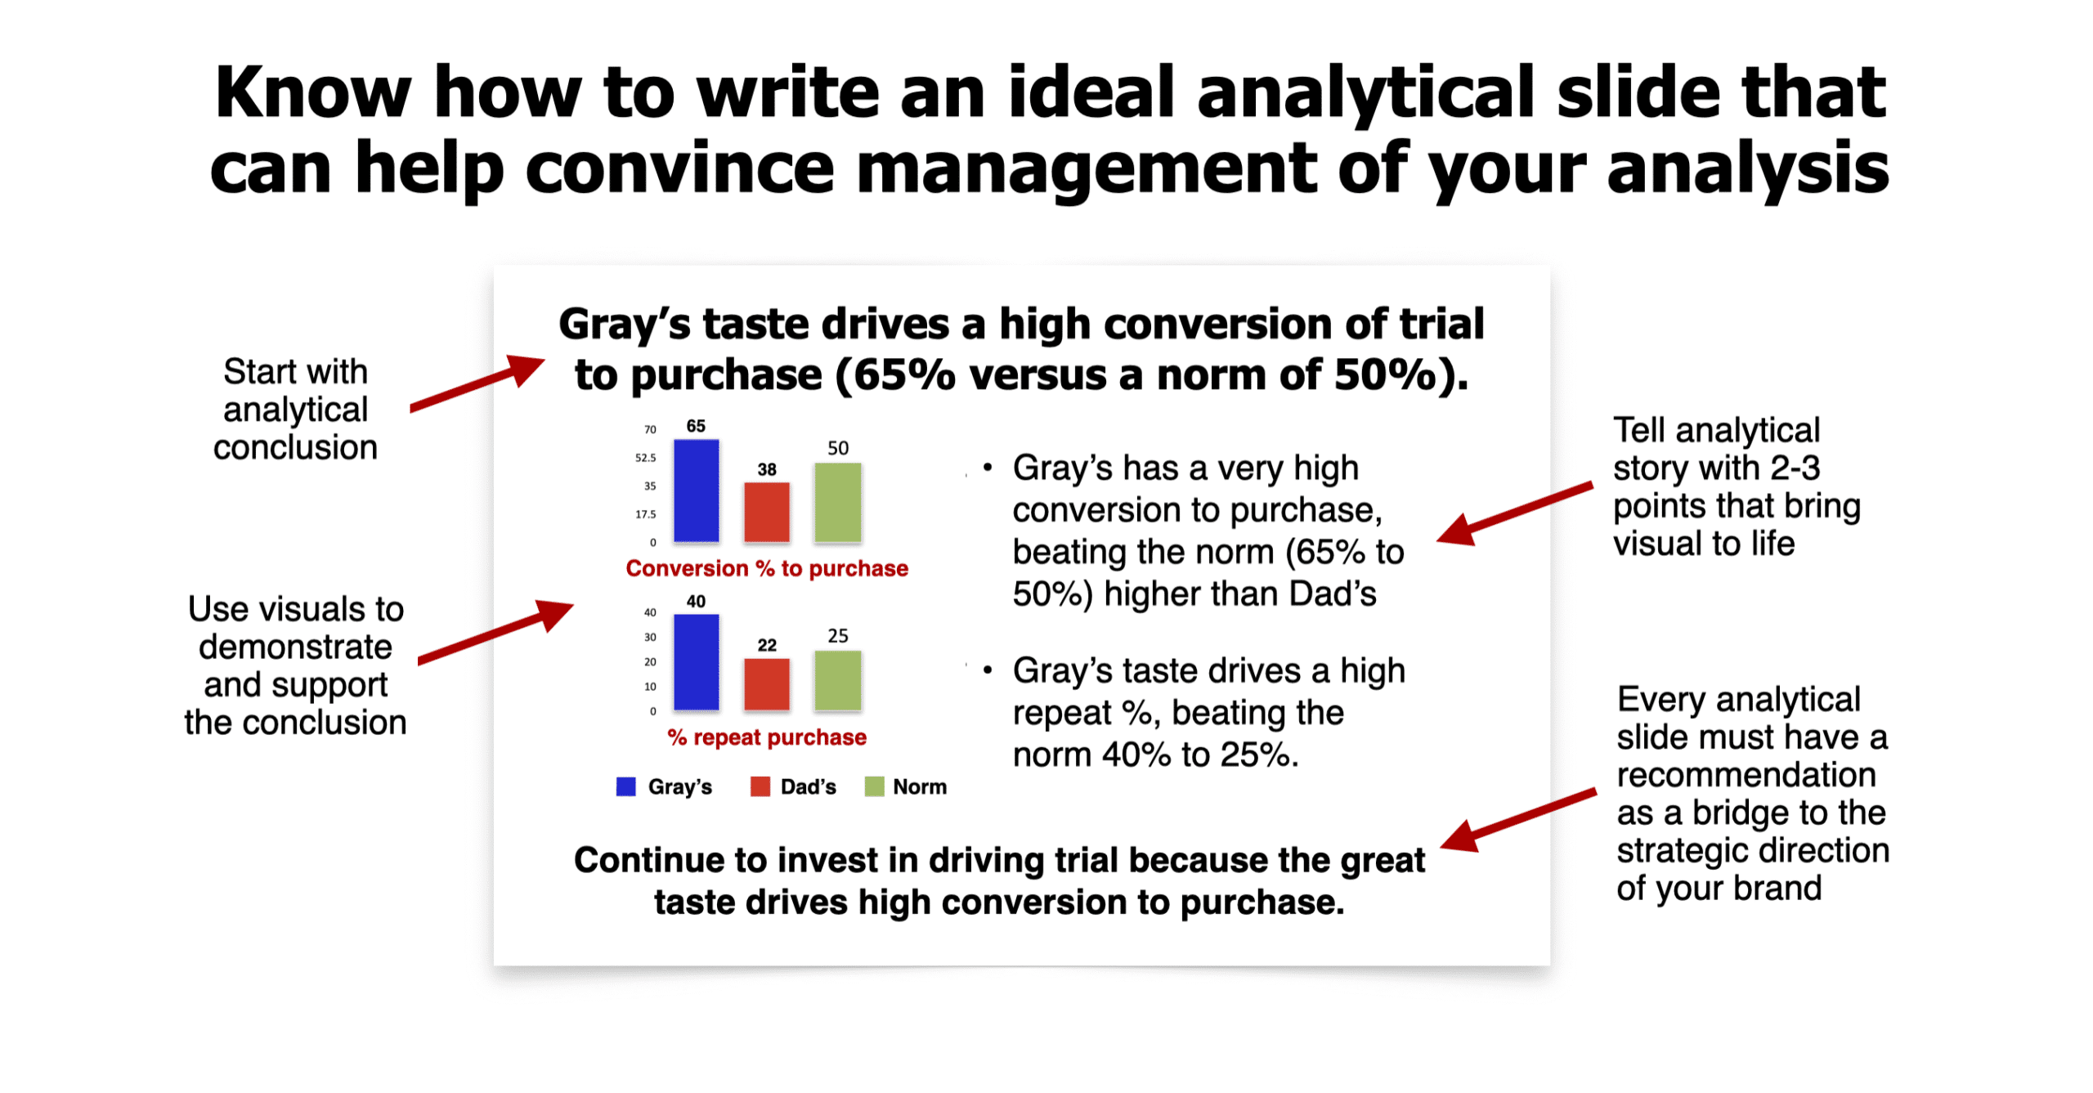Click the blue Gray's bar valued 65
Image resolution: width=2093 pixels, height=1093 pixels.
click(696, 491)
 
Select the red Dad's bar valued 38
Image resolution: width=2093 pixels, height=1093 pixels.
click(766, 512)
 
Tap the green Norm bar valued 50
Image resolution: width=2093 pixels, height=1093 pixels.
click(837, 502)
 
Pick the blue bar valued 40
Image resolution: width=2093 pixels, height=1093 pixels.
click(696, 662)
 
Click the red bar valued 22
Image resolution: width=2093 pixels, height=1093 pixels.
click(766, 684)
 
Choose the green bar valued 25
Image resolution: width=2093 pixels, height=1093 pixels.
click(837, 680)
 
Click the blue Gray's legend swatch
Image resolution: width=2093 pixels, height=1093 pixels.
click(625, 786)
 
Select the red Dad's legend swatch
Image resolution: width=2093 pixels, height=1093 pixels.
click(760, 786)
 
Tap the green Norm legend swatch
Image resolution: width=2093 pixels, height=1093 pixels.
click(874, 786)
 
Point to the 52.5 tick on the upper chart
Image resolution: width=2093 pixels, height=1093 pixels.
click(645, 458)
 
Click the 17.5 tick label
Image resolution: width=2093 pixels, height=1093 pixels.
click(645, 514)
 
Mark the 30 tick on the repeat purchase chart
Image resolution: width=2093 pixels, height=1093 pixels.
click(650, 637)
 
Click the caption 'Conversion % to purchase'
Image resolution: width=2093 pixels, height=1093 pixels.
click(767, 568)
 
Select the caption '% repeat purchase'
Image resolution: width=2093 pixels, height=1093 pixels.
click(767, 737)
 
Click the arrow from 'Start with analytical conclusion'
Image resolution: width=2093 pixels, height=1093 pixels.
click(477, 383)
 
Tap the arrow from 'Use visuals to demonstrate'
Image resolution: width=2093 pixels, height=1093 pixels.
click(495, 632)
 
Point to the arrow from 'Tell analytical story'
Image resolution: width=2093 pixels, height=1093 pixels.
click(1514, 513)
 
